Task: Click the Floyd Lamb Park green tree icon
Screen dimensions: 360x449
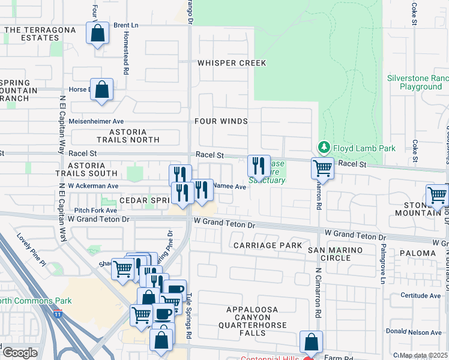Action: (x=324, y=147)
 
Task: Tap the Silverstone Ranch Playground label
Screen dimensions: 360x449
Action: (x=418, y=82)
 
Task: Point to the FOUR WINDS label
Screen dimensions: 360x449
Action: (x=221, y=121)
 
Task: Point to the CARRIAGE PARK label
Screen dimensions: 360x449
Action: (x=259, y=245)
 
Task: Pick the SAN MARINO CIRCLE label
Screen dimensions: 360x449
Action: (x=337, y=254)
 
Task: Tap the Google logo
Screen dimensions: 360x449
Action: (x=19, y=352)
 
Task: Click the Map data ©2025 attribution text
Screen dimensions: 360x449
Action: (x=423, y=355)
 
